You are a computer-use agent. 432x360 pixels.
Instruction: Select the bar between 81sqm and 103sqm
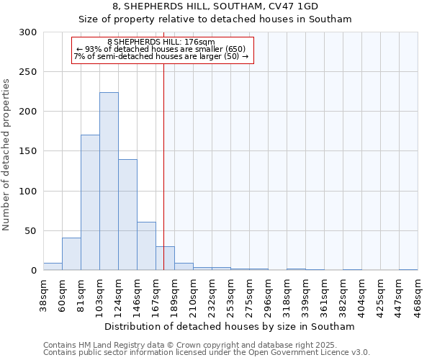tap(90, 202)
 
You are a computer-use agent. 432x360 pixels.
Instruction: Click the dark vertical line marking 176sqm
tap(163, 166)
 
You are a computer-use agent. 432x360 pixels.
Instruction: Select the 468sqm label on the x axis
tap(418, 295)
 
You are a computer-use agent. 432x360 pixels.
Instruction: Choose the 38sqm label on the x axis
tap(43, 295)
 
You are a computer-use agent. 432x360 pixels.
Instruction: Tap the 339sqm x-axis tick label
tap(305, 295)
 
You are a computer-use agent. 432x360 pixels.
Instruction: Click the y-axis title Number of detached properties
tap(6, 155)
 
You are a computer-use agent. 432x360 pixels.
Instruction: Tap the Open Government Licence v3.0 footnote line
tap(207, 353)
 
